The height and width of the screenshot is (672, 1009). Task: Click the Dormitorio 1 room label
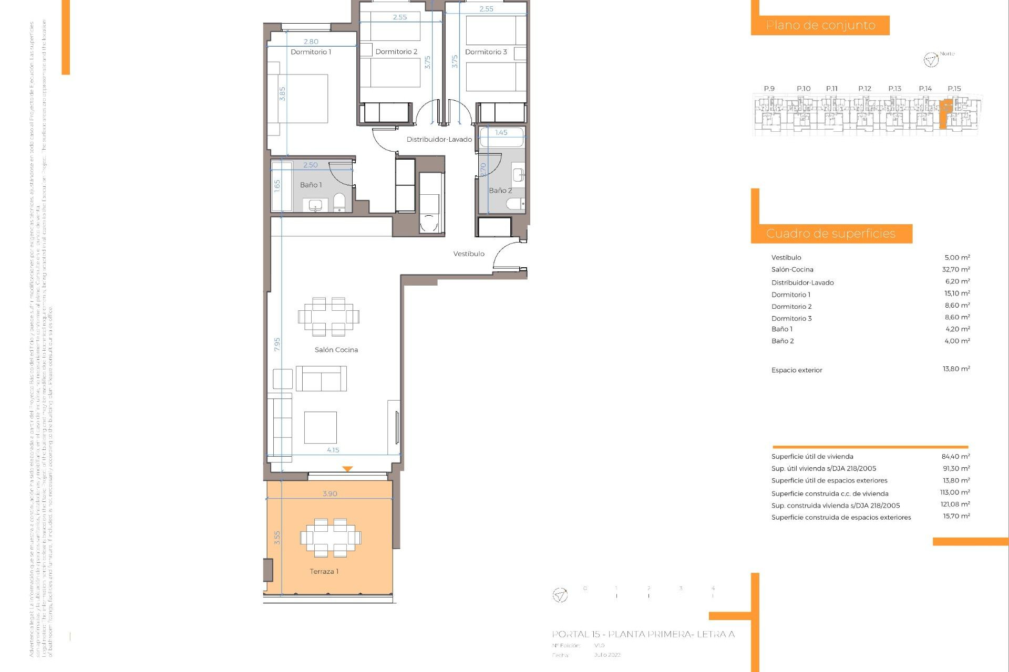click(x=311, y=52)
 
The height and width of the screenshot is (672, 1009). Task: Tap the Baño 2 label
click(x=500, y=191)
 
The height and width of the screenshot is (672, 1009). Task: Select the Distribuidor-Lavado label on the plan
click(x=439, y=140)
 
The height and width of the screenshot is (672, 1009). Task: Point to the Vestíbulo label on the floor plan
click(x=469, y=254)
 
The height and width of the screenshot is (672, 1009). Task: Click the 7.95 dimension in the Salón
click(x=277, y=344)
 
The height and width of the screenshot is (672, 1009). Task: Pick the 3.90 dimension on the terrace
click(x=330, y=494)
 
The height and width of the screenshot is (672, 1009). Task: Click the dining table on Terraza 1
click(x=331, y=538)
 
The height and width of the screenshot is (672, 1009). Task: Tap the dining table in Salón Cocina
click(x=328, y=317)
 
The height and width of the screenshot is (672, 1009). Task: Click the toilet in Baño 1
click(x=339, y=203)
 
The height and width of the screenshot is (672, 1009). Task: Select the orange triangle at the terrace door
click(x=347, y=469)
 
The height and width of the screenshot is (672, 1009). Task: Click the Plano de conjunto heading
click(x=820, y=25)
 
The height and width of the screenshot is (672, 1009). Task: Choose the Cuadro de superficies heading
click(x=830, y=234)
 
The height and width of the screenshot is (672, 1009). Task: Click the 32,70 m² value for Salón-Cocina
click(x=956, y=270)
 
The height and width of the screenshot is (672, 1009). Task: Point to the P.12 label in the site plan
click(x=864, y=89)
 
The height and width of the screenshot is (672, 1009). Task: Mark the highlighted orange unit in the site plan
click(x=945, y=113)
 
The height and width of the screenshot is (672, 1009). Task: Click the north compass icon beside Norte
click(x=931, y=60)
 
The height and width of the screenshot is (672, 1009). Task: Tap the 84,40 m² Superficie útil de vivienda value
click(x=955, y=457)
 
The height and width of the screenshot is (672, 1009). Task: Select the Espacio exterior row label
click(x=797, y=370)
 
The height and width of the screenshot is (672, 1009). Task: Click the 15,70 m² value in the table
click(x=956, y=517)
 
